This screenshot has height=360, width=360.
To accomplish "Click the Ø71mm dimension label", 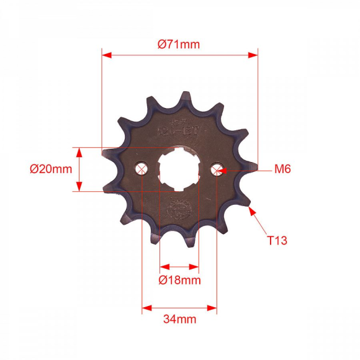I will (x=179, y=44).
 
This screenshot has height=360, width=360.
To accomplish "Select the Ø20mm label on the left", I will (x=51, y=169).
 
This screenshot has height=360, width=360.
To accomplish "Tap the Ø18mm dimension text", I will (x=179, y=280).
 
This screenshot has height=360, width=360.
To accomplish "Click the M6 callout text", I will (x=283, y=169).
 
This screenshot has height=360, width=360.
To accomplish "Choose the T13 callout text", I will (x=277, y=240).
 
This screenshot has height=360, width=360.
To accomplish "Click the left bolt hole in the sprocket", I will (x=142, y=169).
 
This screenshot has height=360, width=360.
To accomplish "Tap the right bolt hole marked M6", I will (x=217, y=169).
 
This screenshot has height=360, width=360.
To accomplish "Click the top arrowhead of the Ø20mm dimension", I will (x=79, y=151).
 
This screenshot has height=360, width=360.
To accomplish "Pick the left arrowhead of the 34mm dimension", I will (x=146, y=307).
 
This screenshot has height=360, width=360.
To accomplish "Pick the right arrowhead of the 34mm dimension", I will (x=213, y=307).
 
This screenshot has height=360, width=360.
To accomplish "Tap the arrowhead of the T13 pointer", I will (x=252, y=211).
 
